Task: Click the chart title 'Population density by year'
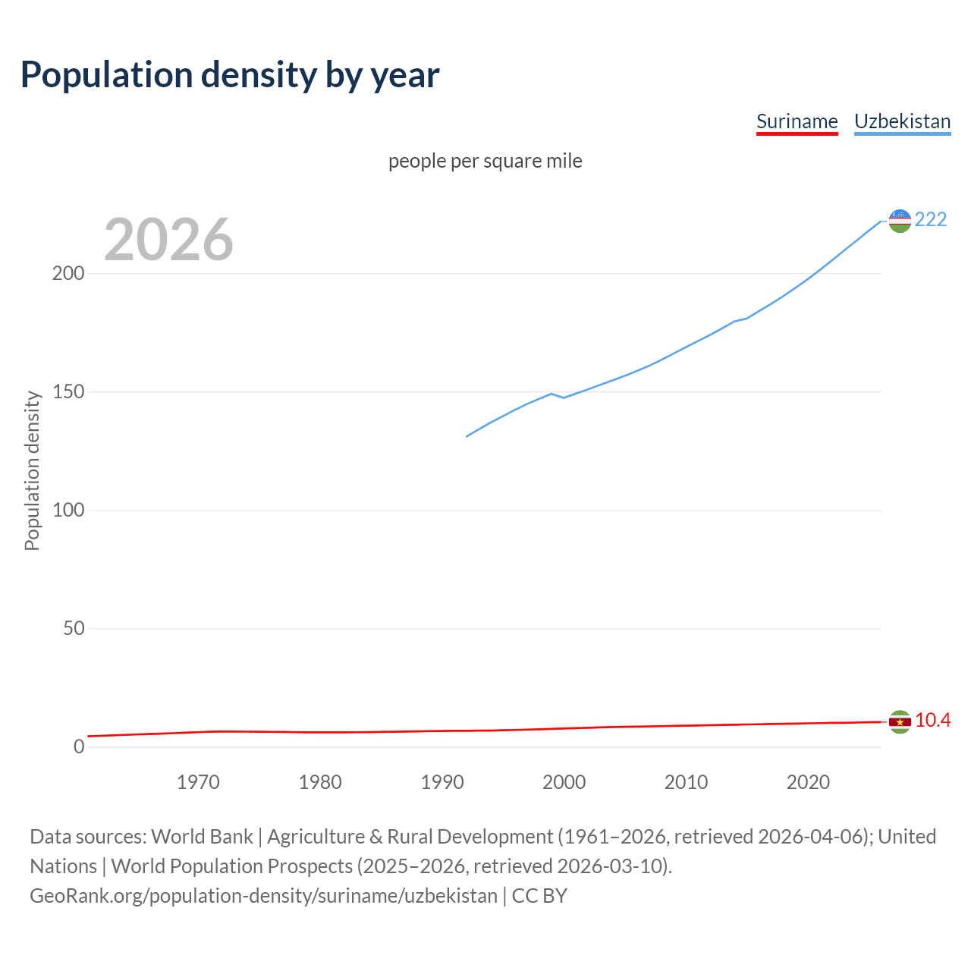click(230, 74)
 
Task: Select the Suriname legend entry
click(797, 121)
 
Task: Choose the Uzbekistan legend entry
click(902, 121)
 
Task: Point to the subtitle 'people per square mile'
click(485, 161)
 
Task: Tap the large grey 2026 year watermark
click(168, 240)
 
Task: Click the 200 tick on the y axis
click(68, 273)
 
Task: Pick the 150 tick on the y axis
click(68, 392)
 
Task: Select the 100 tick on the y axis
click(68, 510)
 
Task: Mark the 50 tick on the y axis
click(74, 628)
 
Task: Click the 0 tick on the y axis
click(79, 746)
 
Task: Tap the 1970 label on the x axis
click(198, 782)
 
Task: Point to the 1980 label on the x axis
click(320, 782)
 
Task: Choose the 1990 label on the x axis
click(442, 782)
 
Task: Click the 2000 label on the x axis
click(564, 782)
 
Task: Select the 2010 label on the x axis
click(686, 782)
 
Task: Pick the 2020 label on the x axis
click(808, 782)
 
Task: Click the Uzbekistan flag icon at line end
click(900, 221)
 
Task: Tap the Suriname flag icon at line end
click(900, 721)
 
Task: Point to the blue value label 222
click(931, 219)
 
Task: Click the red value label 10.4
click(932, 720)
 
